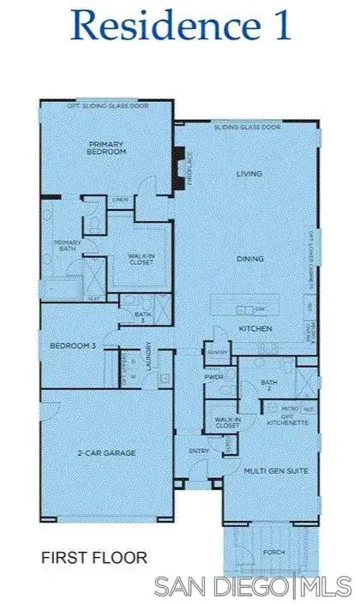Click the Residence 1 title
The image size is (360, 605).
coord(182,25)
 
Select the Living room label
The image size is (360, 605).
coord(249,174)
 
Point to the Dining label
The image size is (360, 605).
coord(250,258)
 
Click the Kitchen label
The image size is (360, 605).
coord(255,328)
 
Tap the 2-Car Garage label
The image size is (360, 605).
coord(107,452)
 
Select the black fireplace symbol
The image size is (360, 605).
coord(178,160)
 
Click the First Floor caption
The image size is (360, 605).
coord(94,558)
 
